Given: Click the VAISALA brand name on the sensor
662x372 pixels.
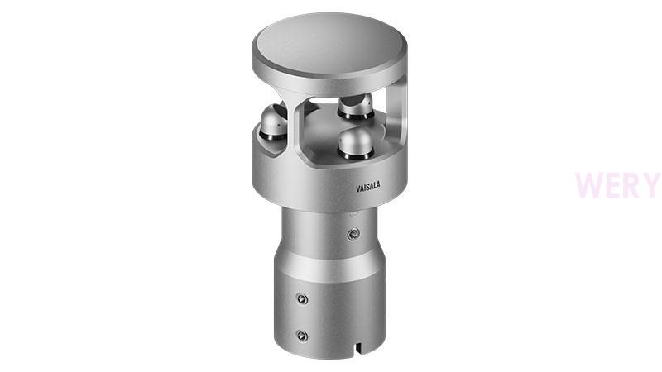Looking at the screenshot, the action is pos(367,187).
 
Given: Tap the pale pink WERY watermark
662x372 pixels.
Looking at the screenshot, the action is pos(617,185).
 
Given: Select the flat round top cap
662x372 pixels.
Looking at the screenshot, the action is pos(329,53).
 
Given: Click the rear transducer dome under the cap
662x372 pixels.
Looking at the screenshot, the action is pos(356,106).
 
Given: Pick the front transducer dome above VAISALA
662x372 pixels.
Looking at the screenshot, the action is pos(356,144).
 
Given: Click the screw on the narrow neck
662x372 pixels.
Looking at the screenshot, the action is pos(353,234).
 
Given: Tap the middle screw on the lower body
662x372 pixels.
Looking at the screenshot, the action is pos(301,299).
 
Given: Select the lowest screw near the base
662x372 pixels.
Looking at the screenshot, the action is pos(301,336).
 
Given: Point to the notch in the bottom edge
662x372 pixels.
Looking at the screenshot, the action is pos(359,347).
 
